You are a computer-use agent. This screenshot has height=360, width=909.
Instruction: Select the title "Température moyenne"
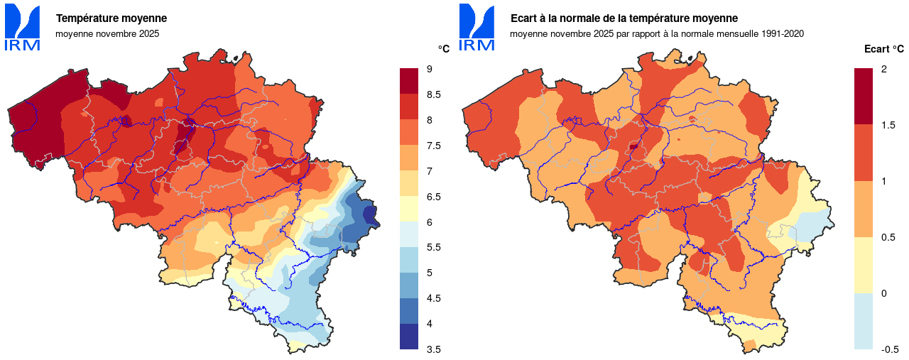111,18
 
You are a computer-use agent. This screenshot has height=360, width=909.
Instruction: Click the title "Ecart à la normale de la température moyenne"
624,18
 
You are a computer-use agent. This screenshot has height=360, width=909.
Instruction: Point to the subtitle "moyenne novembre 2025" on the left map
107,33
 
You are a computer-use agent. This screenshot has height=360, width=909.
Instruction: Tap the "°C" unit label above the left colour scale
444,49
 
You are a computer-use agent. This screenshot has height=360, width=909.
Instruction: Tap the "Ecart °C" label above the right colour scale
883,49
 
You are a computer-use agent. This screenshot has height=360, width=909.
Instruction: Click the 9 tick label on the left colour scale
430,69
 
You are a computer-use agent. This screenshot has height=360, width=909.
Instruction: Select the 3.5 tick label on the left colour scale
434,349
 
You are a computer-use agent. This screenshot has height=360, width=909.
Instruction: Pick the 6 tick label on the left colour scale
430,222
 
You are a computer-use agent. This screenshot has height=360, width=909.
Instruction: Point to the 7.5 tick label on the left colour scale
434,146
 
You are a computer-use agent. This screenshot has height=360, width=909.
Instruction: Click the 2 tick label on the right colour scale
883,69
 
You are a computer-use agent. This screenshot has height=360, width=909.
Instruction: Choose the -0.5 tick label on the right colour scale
890,349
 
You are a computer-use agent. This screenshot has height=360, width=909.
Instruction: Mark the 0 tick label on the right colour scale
883,293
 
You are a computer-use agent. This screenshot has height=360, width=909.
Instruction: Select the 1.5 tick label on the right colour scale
888,125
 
